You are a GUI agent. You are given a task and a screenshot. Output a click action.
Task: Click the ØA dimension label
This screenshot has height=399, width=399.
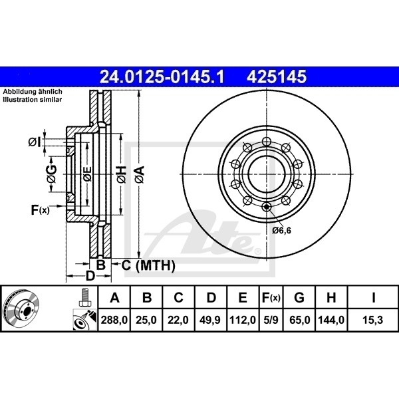point(139,175)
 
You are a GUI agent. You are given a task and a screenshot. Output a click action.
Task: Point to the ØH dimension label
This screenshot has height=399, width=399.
point(121,175)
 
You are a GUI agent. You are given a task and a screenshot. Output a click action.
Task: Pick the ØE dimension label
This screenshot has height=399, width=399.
point(86,175)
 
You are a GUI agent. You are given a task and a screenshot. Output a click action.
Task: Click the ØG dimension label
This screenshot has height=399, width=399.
point(51,175)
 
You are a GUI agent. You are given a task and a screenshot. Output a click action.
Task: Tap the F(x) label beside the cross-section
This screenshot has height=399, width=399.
point(40,211)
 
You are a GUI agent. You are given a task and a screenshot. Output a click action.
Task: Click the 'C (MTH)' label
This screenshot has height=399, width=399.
point(148,266)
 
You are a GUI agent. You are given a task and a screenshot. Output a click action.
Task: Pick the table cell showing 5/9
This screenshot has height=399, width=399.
point(270,321)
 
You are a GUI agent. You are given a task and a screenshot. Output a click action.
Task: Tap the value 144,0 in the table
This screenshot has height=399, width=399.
point(332,321)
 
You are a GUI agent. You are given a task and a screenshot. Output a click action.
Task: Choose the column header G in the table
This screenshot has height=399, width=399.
point(300,297)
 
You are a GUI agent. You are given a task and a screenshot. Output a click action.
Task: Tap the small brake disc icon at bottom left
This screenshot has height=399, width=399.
point(22,309)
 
